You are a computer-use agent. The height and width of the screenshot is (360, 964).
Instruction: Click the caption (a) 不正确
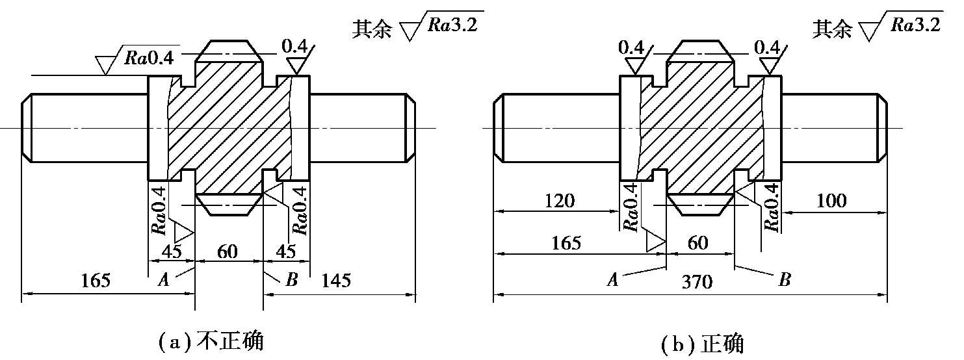click(x=211, y=342)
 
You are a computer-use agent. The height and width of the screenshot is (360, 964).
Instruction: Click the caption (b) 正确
click(x=702, y=344)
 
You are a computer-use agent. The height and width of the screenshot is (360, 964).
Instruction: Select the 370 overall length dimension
click(x=697, y=282)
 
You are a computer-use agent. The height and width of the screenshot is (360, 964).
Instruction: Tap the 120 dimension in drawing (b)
click(x=560, y=201)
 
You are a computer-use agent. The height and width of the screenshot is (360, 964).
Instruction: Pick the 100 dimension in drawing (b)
click(x=831, y=200)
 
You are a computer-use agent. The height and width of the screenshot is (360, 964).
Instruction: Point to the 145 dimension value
click(x=336, y=280)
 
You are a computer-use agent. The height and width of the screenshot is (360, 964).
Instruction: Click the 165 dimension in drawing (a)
click(x=96, y=280)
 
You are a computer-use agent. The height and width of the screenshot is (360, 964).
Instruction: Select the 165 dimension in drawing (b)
click(x=566, y=243)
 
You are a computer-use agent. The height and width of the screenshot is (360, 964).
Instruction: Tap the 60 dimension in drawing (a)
click(x=228, y=251)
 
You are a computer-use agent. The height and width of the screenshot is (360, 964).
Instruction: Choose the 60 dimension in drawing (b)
click(x=697, y=243)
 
